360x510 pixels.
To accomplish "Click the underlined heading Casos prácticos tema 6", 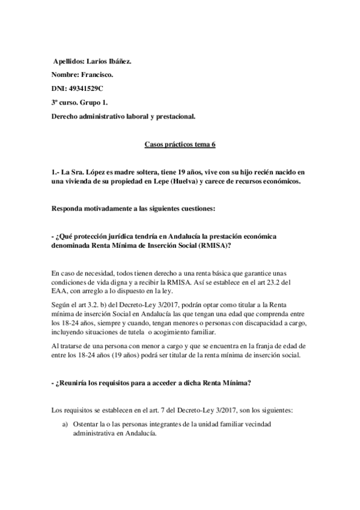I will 180,144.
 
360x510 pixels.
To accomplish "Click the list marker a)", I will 66,425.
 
